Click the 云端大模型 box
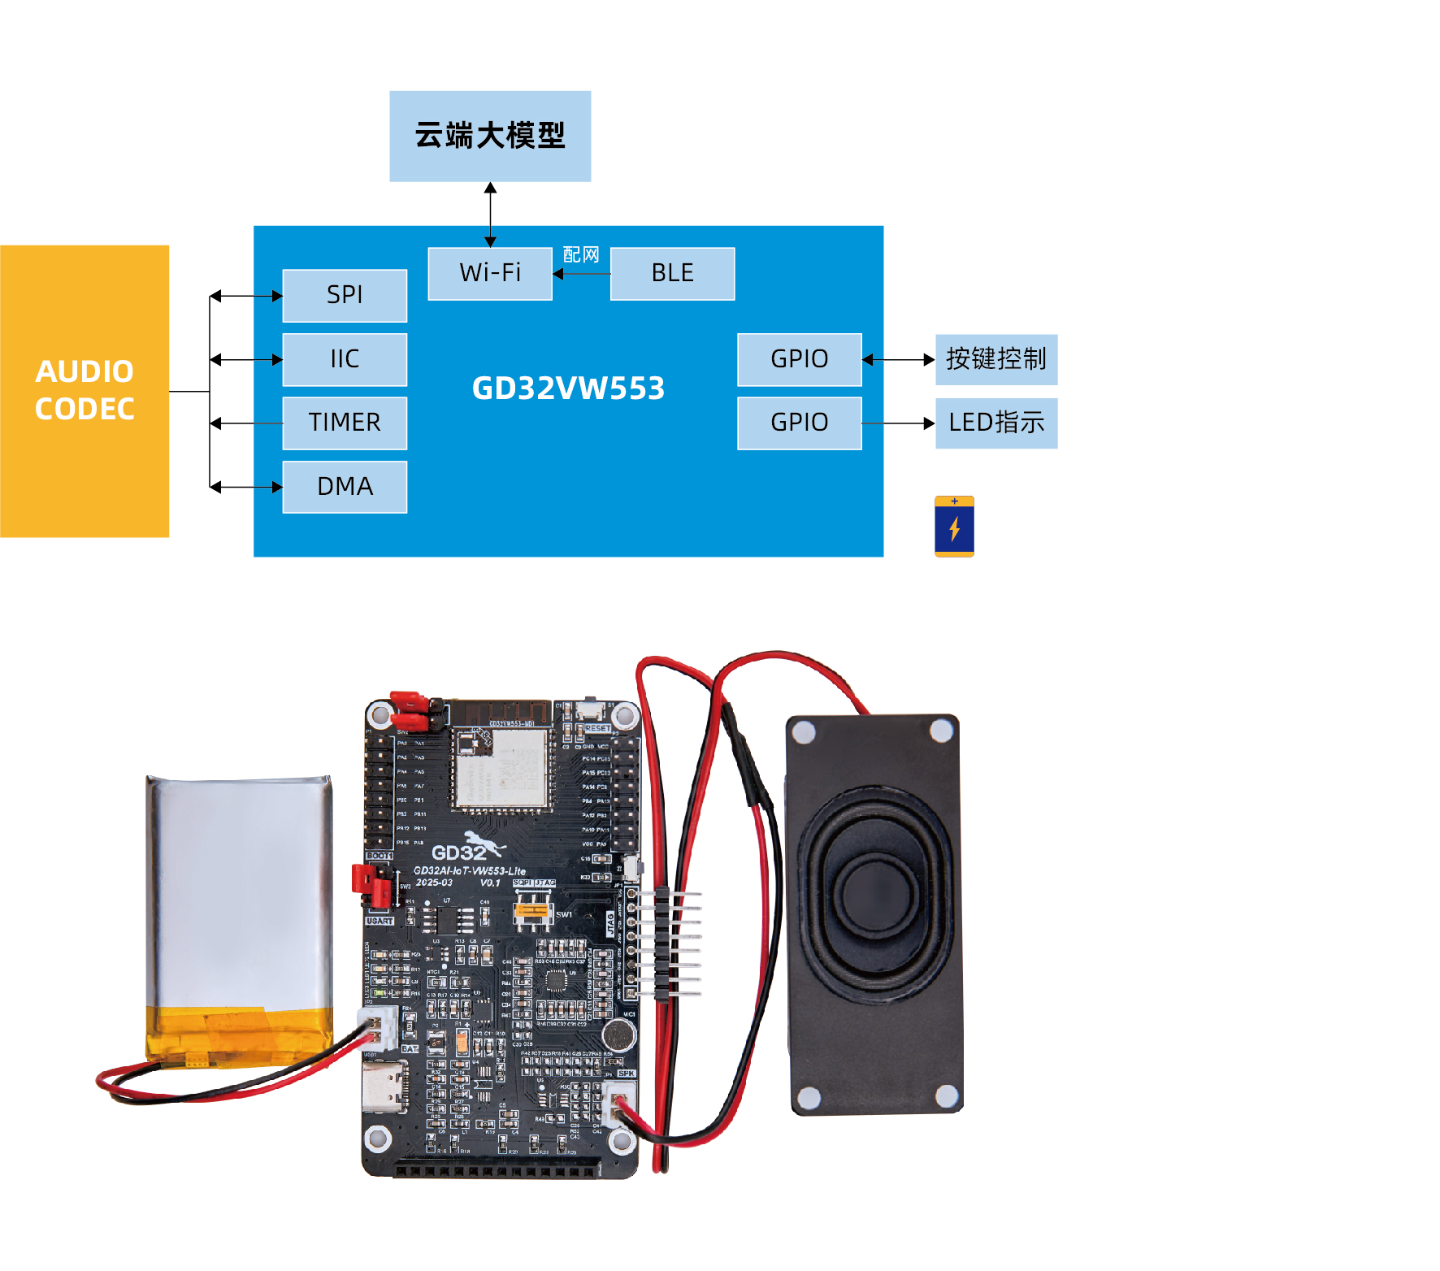click(x=490, y=136)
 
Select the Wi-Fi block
click(x=490, y=273)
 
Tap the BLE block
click(x=672, y=273)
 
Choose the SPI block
click(x=345, y=295)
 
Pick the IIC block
click(x=345, y=359)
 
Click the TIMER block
click(x=345, y=423)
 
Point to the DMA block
click(x=345, y=487)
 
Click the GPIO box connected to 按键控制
click(x=799, y=359)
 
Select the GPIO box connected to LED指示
click(x=799, y=423)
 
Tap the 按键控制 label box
click(x=996, y=359)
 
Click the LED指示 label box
click(x=996, y=423)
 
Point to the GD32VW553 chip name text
click(x=568, y=388)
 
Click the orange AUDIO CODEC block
click(x=85, y=391)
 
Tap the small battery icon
click(x=954, y=527)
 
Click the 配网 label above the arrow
click(x=581, y=254)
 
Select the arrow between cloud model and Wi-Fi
click(x=490, y=215)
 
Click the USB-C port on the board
click(x=385, y=1086)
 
